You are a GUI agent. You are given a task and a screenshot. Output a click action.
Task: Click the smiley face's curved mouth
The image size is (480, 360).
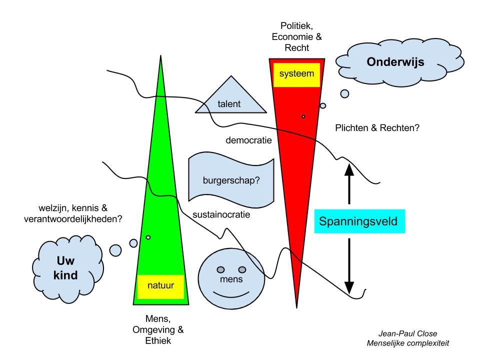pyautogui.click(x=230, y=293)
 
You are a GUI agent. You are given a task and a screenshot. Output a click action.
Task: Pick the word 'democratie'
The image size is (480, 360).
pyautogui.click(x=248, y=140)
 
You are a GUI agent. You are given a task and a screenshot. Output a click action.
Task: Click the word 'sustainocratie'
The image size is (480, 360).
pyautogui.click(x=221, y=215)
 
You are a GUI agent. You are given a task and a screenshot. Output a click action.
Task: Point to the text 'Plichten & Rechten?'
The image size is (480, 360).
pyautogui.click(x=377, y=128)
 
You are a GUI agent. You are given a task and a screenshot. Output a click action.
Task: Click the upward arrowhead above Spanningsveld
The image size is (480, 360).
pyautogui.click(x=349, y=170)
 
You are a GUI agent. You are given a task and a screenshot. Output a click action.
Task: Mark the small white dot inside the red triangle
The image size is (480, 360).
pyautogui.click(x=303, y=116)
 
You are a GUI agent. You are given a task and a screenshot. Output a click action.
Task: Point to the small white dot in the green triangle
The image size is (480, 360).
pyautogui.click(x=148, y=237)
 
